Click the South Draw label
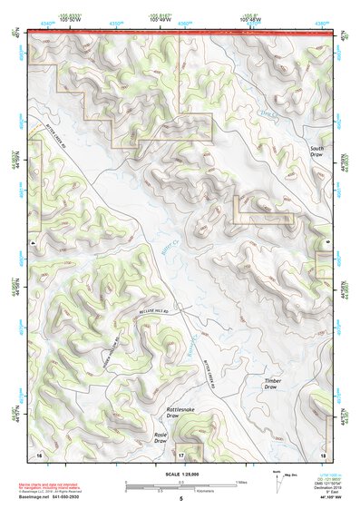pos(316,152)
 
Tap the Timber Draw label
pos(272,383)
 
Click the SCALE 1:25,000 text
pos(180,474)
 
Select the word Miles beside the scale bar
pos(240,481)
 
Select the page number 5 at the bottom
pos(180,499)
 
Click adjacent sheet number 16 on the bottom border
pos(39,452)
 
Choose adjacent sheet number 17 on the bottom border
pos(180,453)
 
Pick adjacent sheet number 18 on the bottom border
pos(322,452)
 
